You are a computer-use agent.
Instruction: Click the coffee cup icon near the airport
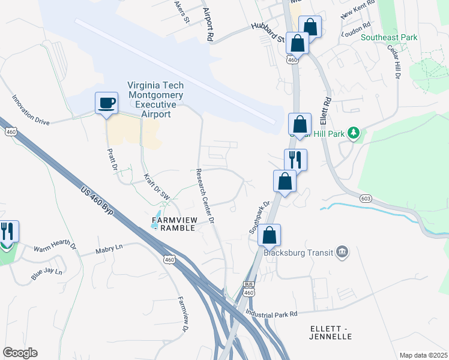pos(107,103)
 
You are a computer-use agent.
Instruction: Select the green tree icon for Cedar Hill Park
pos(354,132)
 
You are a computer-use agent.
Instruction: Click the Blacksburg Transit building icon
pos(342,251)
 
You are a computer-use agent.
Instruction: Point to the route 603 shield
pos(367,198)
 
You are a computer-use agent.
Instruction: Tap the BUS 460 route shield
pos(249,289)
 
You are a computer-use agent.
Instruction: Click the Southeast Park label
pos(388,37)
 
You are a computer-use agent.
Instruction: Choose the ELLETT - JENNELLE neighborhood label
pos(331,332)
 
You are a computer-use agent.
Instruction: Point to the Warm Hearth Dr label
pos(55,247)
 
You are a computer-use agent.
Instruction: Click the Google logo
pos(20,353)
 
